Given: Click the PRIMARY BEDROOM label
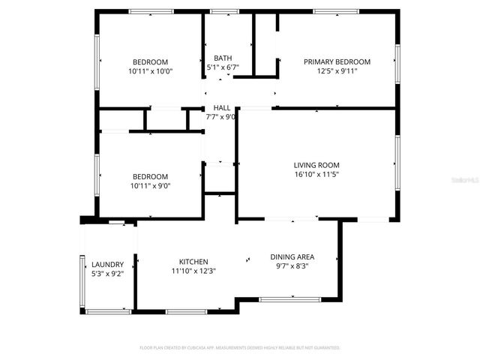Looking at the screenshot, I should pyautogui.click(x=337, y=61).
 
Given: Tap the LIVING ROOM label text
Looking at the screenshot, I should pyautogui.click(x=316, y=165).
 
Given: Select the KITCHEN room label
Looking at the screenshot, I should pyautogui.click(x=193, y=262).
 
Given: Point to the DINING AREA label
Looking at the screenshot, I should pyautogui.click(x=292, y=256).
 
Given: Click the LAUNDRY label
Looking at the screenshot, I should pyautogui.click(x=107, y=265).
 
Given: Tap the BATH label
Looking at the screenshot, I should pyautogui.click(x=223, y=58).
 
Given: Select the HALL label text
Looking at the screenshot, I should pyautogui.click(x=222, y=108).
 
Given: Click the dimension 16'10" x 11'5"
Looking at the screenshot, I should pyautogui.click(x=316, y=175).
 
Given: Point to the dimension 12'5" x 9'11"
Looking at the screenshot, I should pyautogui.click(x=337, y=71).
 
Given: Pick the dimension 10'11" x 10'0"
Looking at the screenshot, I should pyautogui.click(x=151, y=71).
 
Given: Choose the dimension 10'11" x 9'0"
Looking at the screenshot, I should pyautogui.click(x=151, y=186).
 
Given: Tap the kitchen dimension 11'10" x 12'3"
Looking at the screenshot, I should pyautogui.click(x=193, y=271).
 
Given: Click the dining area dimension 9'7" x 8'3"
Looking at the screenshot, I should pyautogui.click(x=292, y=266).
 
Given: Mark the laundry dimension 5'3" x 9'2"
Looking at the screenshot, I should pyautogui.click(x=107, y=274).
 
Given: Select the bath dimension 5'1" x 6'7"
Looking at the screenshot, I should pyautogui.click(x=223, y=67).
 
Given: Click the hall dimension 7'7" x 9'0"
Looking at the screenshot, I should pyautogui.click(x=222, y=117).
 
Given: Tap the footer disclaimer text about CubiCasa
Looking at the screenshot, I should pyautogui.click(x=240, y=348).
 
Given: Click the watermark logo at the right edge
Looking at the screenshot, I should pyautogui.click(x=469, y=180).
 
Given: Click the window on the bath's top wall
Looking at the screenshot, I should pyautogui.click(x=220, y=11).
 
